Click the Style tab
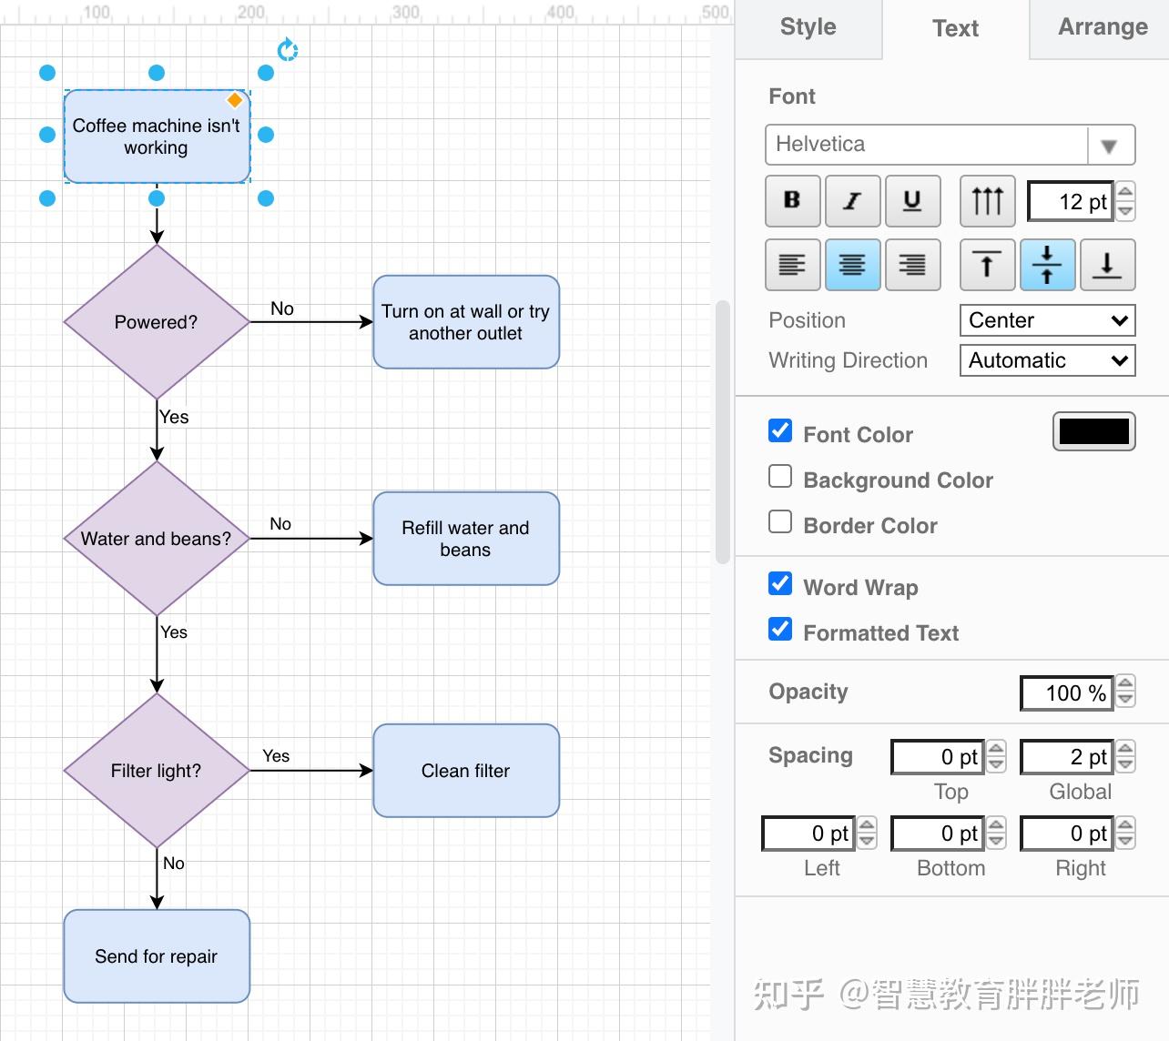[808, 27]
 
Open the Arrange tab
[1102, 27]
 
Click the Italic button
[852, 201]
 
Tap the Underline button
[912, 201]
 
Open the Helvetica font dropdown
[950, 145]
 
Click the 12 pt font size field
[1071, 202]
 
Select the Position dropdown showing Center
[1047, 320]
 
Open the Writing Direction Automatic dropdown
[1047, 360]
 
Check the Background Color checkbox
[780, 477]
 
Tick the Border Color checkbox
[780, 522]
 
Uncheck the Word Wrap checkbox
[780, 584]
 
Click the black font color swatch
[1093, 432]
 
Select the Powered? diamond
[157, 322]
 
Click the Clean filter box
[466, 771]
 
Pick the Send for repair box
[157, 956]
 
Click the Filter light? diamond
[157, 771]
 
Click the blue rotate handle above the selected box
[288, 50]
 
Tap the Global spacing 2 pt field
[1067, 757]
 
